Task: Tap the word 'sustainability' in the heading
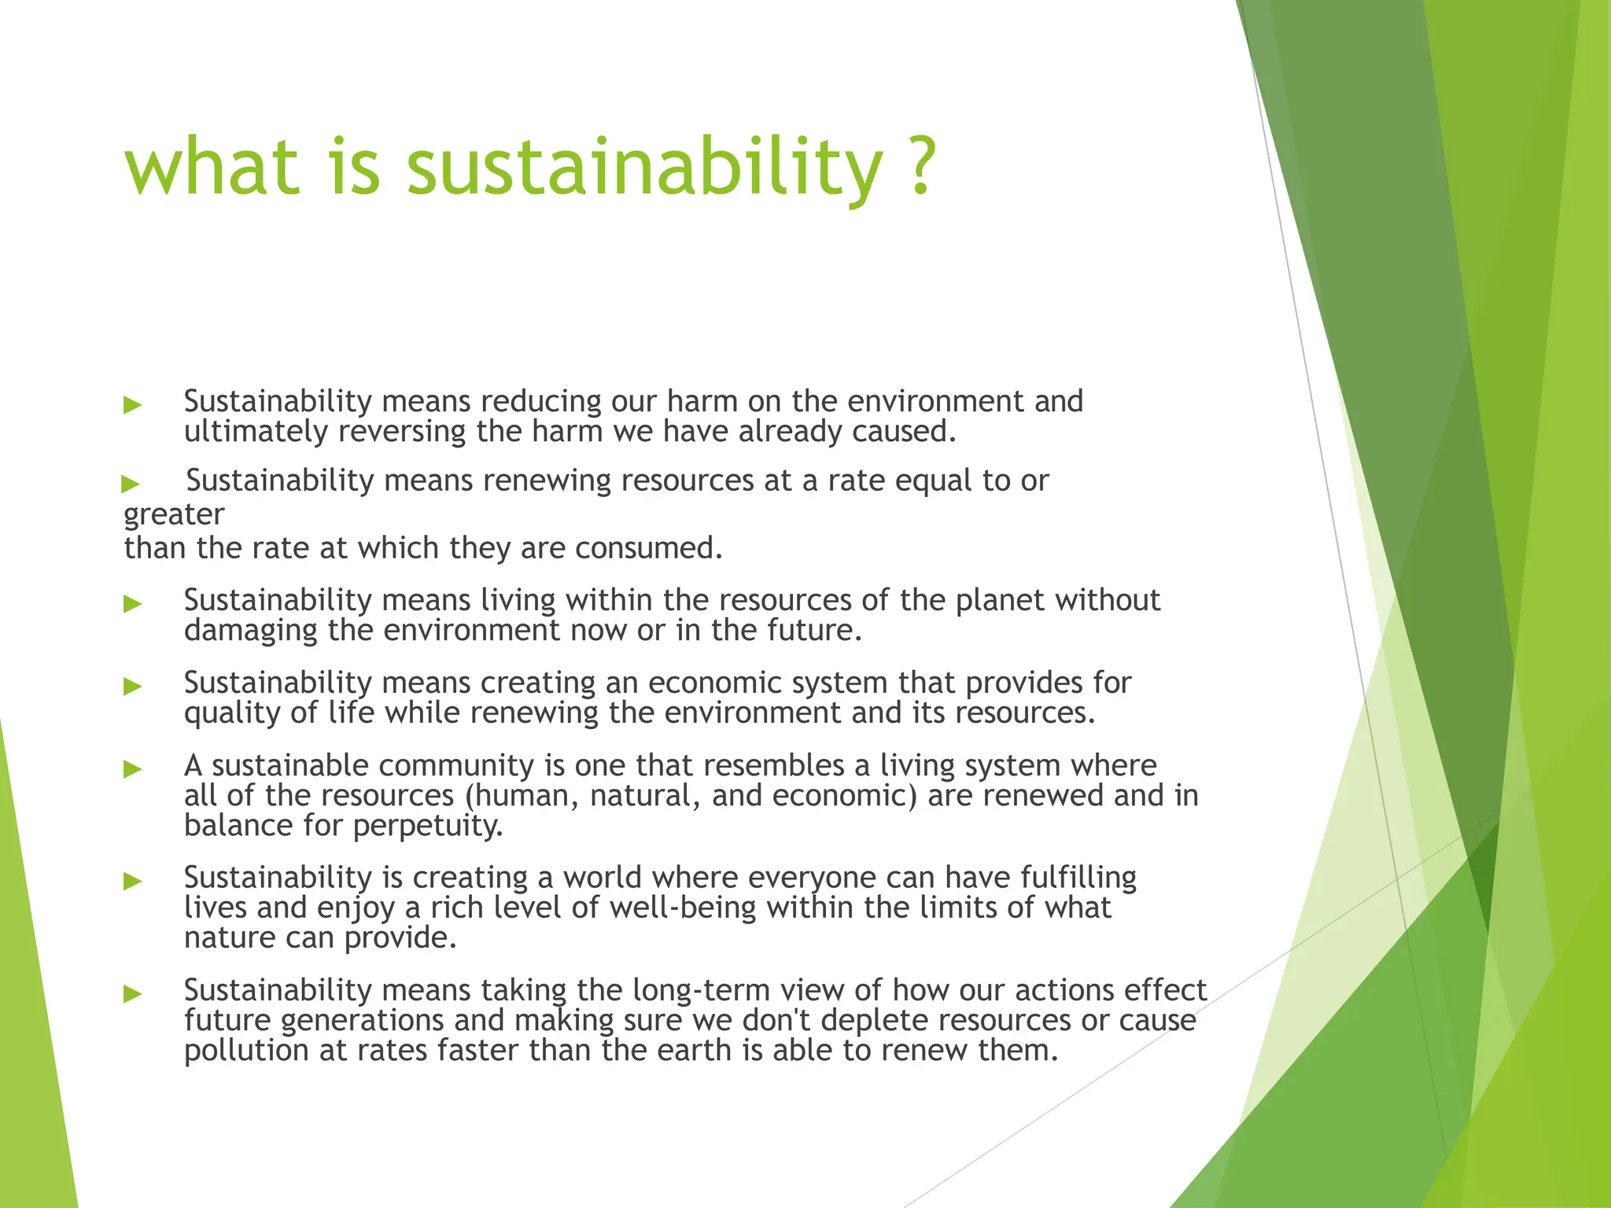point(644,169)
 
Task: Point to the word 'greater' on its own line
point(174,515)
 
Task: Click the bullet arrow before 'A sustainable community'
point(133,769)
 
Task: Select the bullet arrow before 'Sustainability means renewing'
point(131,484)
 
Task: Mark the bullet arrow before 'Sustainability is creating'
point(133,881)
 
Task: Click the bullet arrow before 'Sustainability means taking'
point(133,994)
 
